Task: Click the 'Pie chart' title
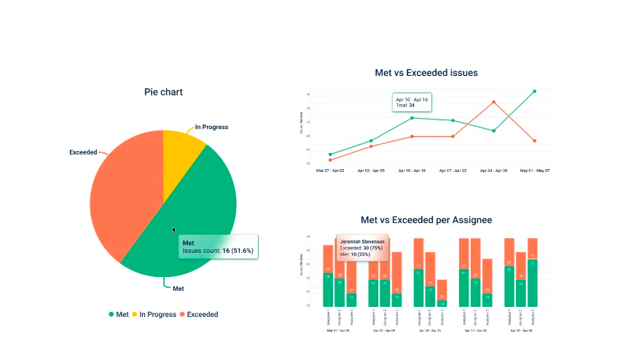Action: coord(163,92)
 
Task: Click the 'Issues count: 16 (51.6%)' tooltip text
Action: coord(217,251)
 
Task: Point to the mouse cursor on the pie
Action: coord(174,230)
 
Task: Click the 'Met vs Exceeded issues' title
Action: coord(426,73)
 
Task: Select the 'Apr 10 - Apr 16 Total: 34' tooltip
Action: coord(412,102)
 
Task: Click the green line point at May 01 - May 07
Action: coord(534,91)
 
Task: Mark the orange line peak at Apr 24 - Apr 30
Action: coord(493,102)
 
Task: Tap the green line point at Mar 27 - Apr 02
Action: coord(330,154)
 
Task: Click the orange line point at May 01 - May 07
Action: coord(534,141)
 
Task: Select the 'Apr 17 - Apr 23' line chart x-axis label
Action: coord(453,171)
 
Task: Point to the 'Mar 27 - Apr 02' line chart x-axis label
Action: coord(330,171)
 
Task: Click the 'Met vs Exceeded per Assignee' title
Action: coord(426,219)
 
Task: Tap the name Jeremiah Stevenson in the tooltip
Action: coord(362,241)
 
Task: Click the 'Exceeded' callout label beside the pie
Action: coord(83,152)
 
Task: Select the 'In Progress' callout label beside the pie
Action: coord(211,128)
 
